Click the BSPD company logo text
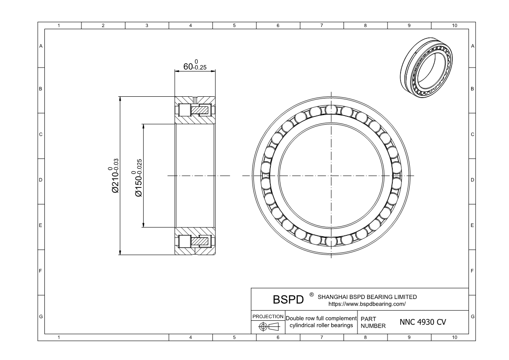click(287, 300)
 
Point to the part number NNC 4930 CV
click(422, 322)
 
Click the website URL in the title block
click(367, 304)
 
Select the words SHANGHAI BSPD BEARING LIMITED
click(367, 297)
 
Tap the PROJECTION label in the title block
click(268, 316)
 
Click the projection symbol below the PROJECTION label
click(268, 327)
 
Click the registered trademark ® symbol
click(311, 295)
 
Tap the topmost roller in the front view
click(331, 109)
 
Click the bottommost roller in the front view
click(331, 242)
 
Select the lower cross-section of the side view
click(195, 241)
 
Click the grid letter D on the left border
click(41, 180)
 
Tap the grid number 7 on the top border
click(321, 26)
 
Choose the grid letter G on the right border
click(472, 316)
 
